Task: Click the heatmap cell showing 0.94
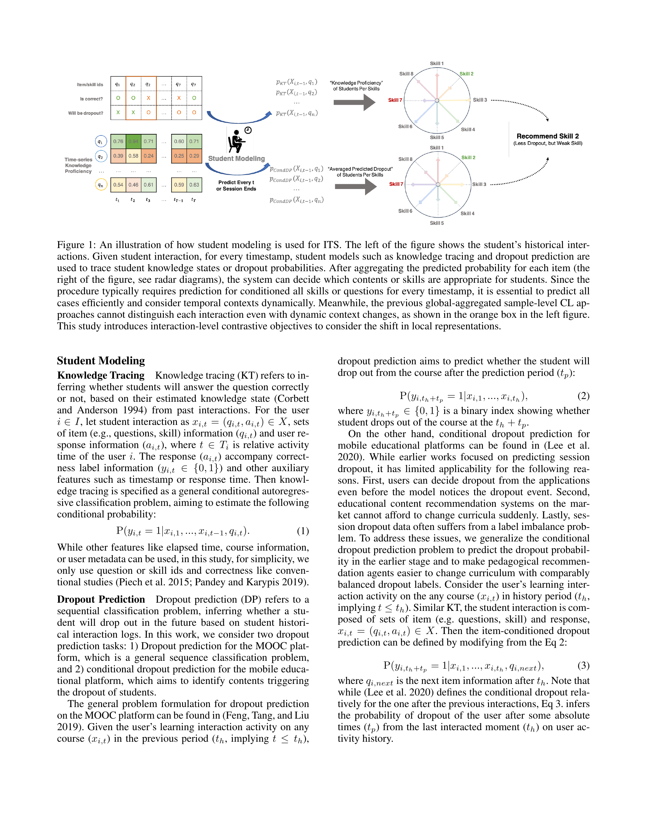coord(133,142)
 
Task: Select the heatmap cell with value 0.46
coord(133,185)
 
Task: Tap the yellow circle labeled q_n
coord(100,185)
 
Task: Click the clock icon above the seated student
coord(248,130)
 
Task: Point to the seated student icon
coord(236,142)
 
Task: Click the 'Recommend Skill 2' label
coord(547,136)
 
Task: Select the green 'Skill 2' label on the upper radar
coord(466,74)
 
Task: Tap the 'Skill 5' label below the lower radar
coord(437,223)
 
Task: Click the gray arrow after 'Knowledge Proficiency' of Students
coord(354,102)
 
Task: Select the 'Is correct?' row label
coord(91,99)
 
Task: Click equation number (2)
coord(583,396)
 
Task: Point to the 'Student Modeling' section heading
coord(101,361)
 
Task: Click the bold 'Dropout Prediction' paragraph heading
coord(101,599)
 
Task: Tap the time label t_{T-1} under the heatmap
coord(178,200)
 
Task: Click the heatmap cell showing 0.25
coord(179,156)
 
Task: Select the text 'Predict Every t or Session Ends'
coord(236,185)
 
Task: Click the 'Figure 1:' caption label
coord(76,245)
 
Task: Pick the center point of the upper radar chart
coord(437,100)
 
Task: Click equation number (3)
coord(583,665)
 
